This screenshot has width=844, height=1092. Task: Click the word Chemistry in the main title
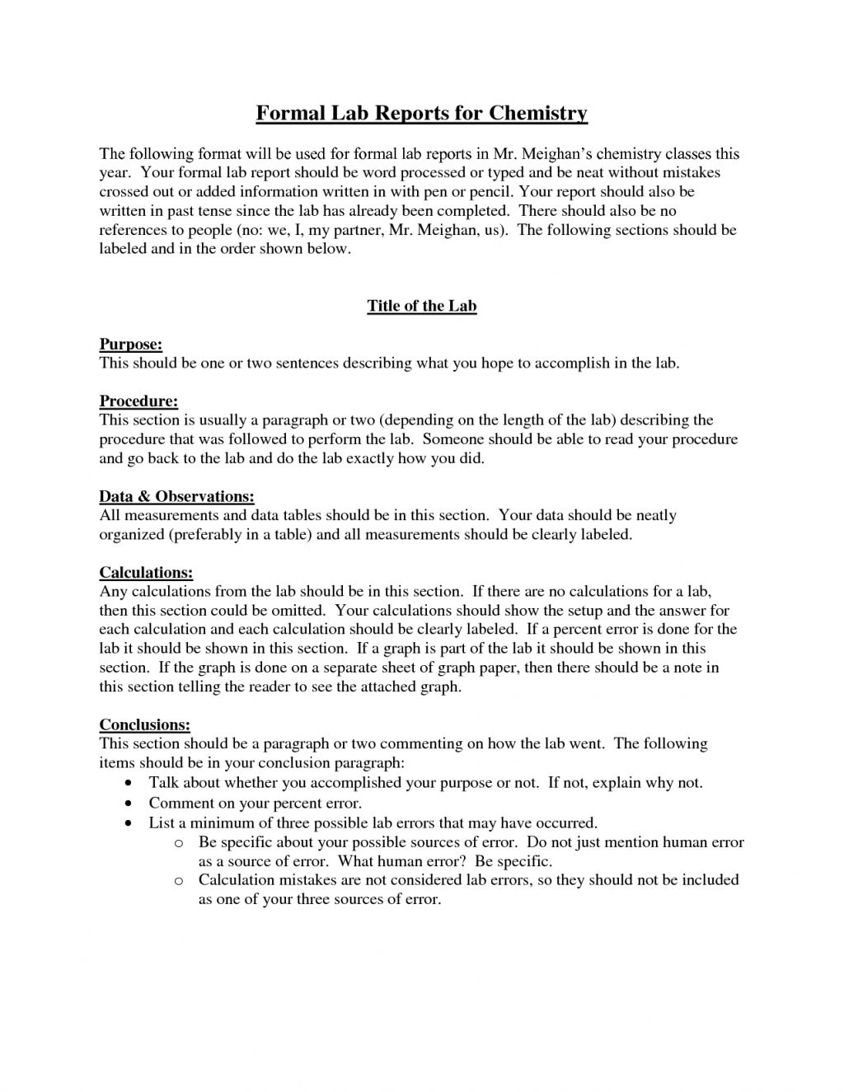[537, 113]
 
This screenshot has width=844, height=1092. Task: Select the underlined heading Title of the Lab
[422, 306]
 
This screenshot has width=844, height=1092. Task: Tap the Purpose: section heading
[131, 344]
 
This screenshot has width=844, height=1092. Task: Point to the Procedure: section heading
[138, 401]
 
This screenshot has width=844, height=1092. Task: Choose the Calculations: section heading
[146, 572]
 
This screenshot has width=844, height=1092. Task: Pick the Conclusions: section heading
[144, 724]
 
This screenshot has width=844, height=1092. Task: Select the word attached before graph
[388, 687]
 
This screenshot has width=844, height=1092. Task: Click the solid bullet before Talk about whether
[129, 783]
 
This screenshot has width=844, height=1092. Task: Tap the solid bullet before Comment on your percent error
[129, 803]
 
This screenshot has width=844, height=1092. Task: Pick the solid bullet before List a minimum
[129, 823]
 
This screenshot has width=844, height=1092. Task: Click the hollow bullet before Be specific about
[179, 843]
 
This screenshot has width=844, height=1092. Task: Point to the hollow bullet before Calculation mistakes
[179, 881]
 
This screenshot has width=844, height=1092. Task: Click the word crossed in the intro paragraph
[126, 192]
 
